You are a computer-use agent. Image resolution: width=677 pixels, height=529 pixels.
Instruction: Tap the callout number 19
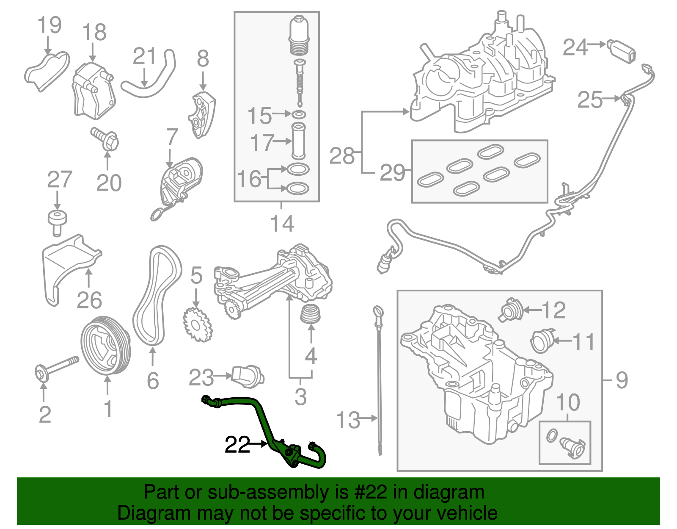click(50, 25)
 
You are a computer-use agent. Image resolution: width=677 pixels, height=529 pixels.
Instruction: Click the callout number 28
click(342, 156)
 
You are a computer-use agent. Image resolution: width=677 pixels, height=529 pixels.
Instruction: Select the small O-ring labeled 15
click(299, 114)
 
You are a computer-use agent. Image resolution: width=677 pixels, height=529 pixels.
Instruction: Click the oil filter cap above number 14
click(300, 36)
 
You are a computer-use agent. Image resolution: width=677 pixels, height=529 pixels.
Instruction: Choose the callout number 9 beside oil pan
click(621, 380)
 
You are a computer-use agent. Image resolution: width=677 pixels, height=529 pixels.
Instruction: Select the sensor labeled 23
click(248, 376)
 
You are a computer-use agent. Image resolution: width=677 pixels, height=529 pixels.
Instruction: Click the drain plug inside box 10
click(572, 447)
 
